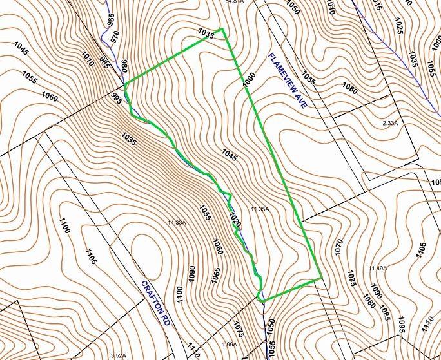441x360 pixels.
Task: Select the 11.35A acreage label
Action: click(259, 209)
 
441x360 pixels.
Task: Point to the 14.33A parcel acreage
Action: click(176, 222)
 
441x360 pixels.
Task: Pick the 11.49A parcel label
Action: click(377, 268)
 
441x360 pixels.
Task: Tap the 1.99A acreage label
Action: click(230, 345)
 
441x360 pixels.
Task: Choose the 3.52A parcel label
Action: click(118, 355)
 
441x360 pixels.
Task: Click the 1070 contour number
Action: click(338, 248)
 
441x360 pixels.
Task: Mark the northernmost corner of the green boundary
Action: click(222, 29)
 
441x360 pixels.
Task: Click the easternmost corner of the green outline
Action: click(321, 278)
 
